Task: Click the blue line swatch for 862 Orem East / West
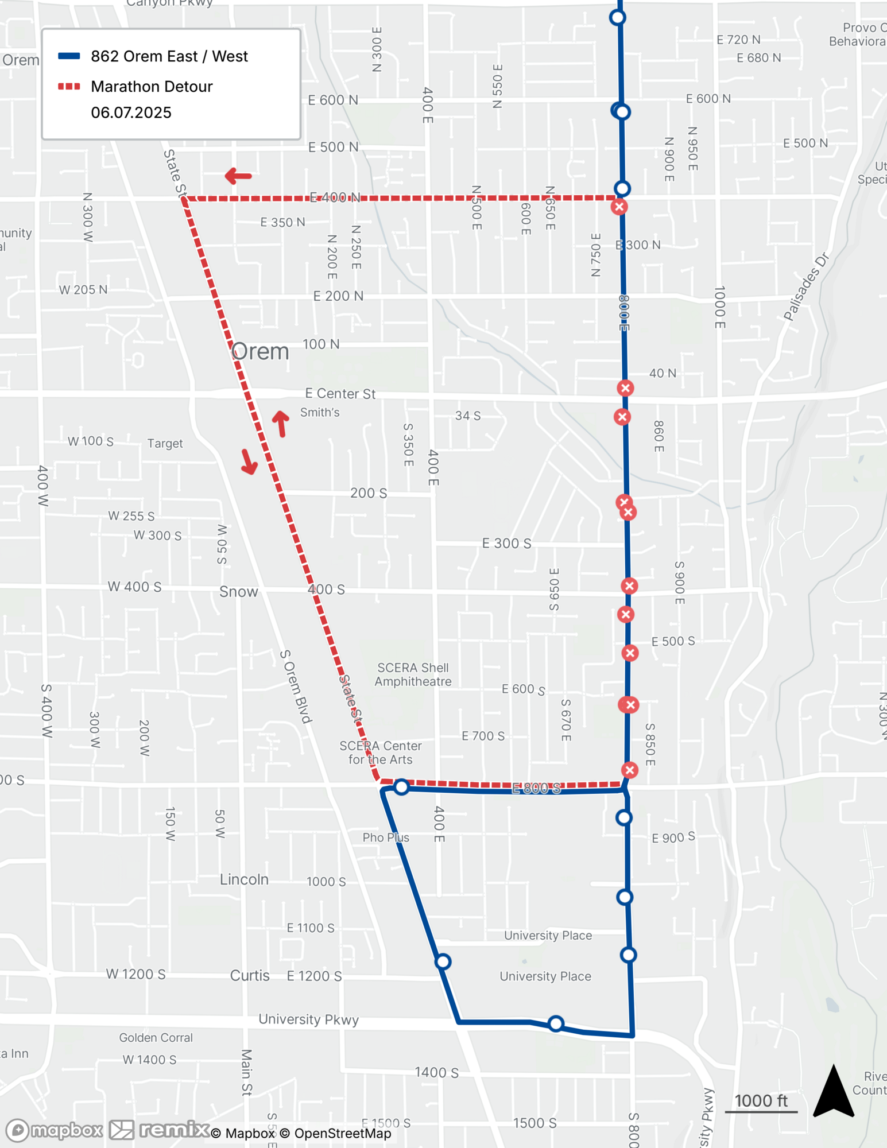pos(69,56)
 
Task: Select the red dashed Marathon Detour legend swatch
pos(69,87)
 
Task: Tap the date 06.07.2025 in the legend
pos(131,113)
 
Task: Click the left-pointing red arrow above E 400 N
pos(238,176)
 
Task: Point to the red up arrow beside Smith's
pos(281,424)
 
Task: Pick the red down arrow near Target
pos(249,462)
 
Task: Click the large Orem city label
pos(260,351)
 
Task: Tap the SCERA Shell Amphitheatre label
pos(413,674)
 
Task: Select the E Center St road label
pos(340,394)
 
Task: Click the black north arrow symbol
pos(834,1092)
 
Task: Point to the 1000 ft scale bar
pos(761,1111)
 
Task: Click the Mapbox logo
pos(55,1130)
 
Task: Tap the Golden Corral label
pos(156,1037)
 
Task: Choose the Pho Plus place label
pos(386,837)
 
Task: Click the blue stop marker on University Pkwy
pos(555,1023)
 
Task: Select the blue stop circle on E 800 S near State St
pos(401,786)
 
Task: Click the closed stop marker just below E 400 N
pos(619,207)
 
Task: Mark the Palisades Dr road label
pos(807,286)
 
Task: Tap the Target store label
pos(165,443)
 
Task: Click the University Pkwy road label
pos(308,1019)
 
